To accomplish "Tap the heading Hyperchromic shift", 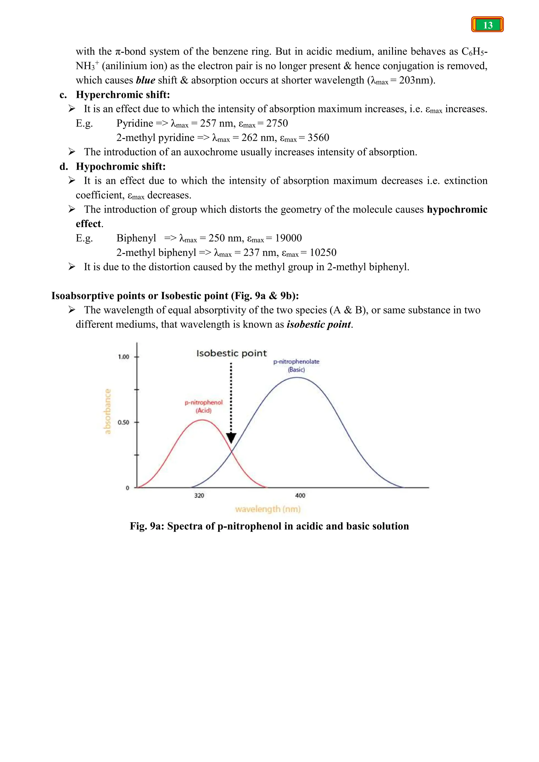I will pos(123,94).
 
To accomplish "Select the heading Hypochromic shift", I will pos(121,166).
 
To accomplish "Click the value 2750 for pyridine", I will pos(277,123).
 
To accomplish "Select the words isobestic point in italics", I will pos(319,324).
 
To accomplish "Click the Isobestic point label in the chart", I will pos(231,353).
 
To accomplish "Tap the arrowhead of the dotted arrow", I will pos(231,437).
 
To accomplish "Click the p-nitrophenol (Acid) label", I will pos(203,406).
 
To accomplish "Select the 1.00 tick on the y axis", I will pos(123,357).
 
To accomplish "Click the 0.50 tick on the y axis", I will pos(123,422).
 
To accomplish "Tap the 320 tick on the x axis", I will pos(199,495).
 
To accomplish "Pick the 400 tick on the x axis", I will pos(300,495).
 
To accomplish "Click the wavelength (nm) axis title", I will pos(267,509).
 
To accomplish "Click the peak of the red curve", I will pos(202,420).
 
